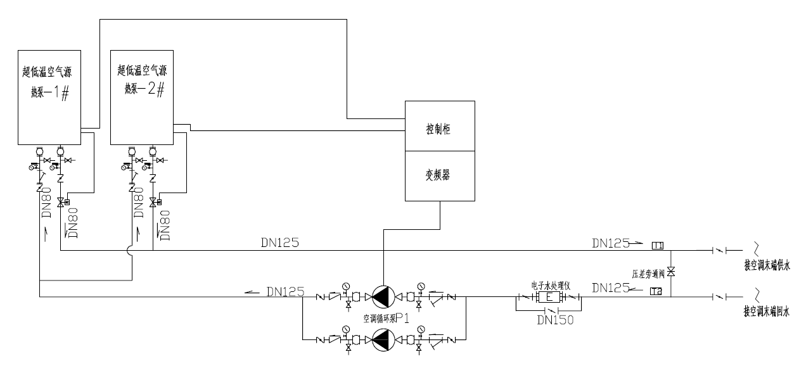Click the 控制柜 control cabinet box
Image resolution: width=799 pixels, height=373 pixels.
click(x=440, y=127)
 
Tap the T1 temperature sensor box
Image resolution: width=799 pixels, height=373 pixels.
click(x=657, y=245)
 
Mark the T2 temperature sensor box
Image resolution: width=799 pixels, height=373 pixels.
click(x=656, y=291)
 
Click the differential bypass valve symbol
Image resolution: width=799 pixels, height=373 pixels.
click(x=671, y=271)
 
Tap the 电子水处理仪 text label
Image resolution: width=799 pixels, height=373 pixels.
click(x=549, y=285)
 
